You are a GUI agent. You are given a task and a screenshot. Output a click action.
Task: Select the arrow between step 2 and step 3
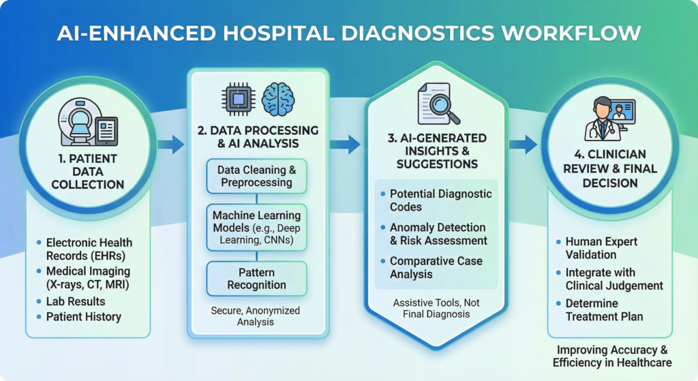click(346, 144)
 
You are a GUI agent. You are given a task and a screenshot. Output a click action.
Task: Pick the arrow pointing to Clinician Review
click(523, 144)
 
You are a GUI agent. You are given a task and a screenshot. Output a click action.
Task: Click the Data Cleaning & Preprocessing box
click(256, 177)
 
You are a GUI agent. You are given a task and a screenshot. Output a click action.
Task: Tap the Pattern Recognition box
click(256, 278)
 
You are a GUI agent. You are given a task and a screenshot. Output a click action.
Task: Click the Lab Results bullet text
click(76, 301)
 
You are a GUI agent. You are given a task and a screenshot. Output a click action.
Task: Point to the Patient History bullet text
click(83, 316)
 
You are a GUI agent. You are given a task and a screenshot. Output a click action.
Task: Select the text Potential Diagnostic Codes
click(440, 200)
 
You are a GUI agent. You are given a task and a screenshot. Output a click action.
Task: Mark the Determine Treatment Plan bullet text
click(604, 309)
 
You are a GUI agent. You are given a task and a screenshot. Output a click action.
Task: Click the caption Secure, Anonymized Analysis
click(256, 316)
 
